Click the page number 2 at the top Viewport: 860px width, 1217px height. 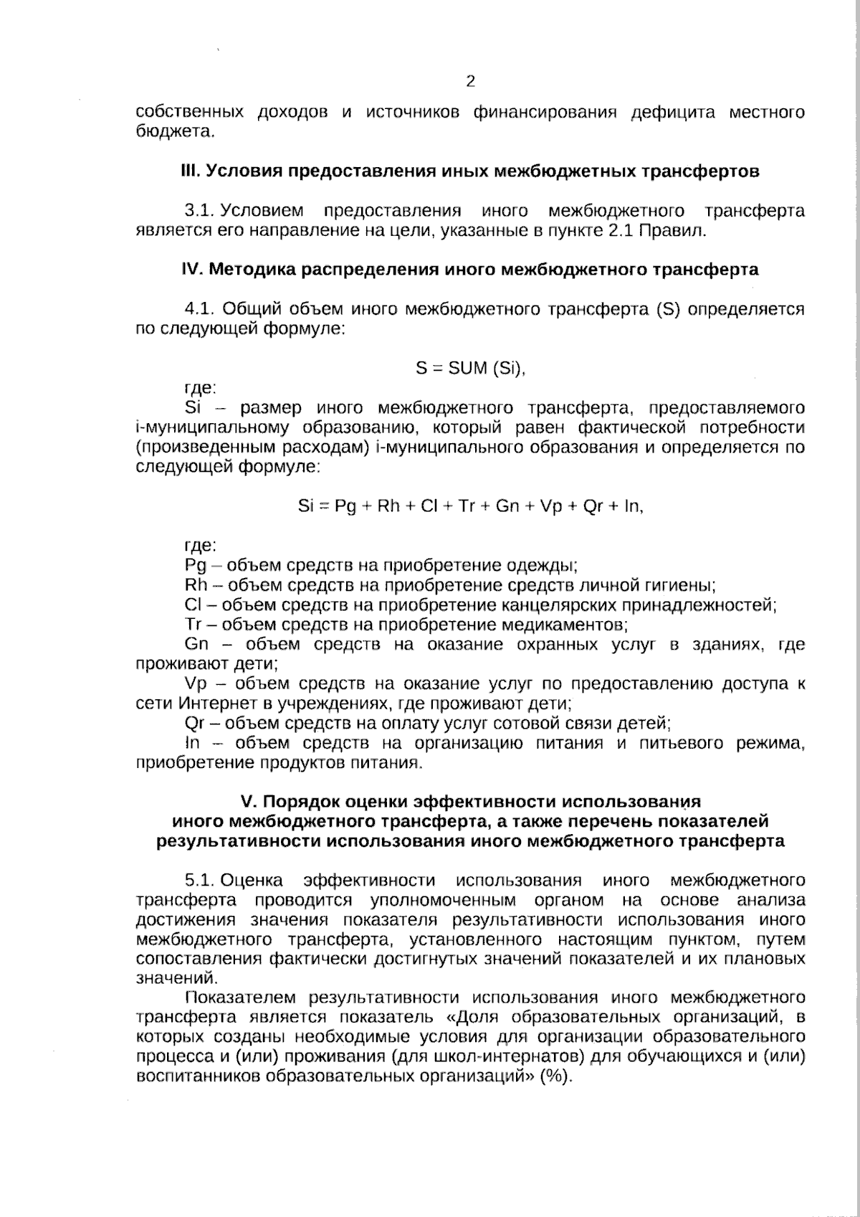470,81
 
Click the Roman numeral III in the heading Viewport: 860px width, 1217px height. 189,172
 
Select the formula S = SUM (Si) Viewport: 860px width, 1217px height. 471,369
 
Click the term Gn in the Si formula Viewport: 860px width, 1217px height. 507,506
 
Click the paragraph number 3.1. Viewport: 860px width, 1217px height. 200,212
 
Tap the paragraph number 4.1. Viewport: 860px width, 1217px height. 200,310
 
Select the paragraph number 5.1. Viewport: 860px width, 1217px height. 200,881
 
